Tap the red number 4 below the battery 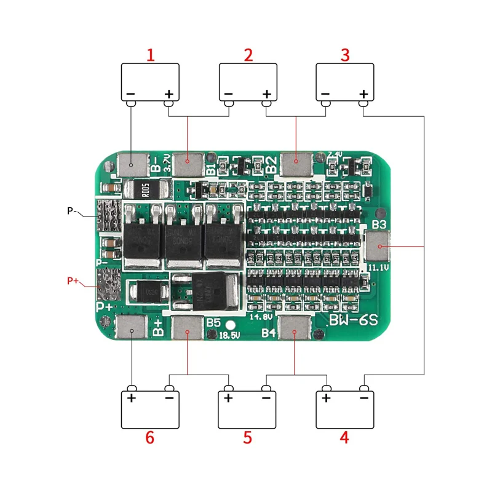click(344, 438)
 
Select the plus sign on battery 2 click(267, 94)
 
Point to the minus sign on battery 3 click(325, 94)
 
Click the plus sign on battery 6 click(131, 398)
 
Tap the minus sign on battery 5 click(266, 398)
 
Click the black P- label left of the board click(72, 211)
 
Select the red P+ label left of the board click(73, 281)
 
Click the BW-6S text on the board click(352, 320)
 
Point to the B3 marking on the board click(379, 224)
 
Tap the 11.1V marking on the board click(379, 268)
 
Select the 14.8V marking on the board click(261, 317)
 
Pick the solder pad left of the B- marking click(132, 164)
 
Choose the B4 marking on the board click(268, 333)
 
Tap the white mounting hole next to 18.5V click(231, 325)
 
